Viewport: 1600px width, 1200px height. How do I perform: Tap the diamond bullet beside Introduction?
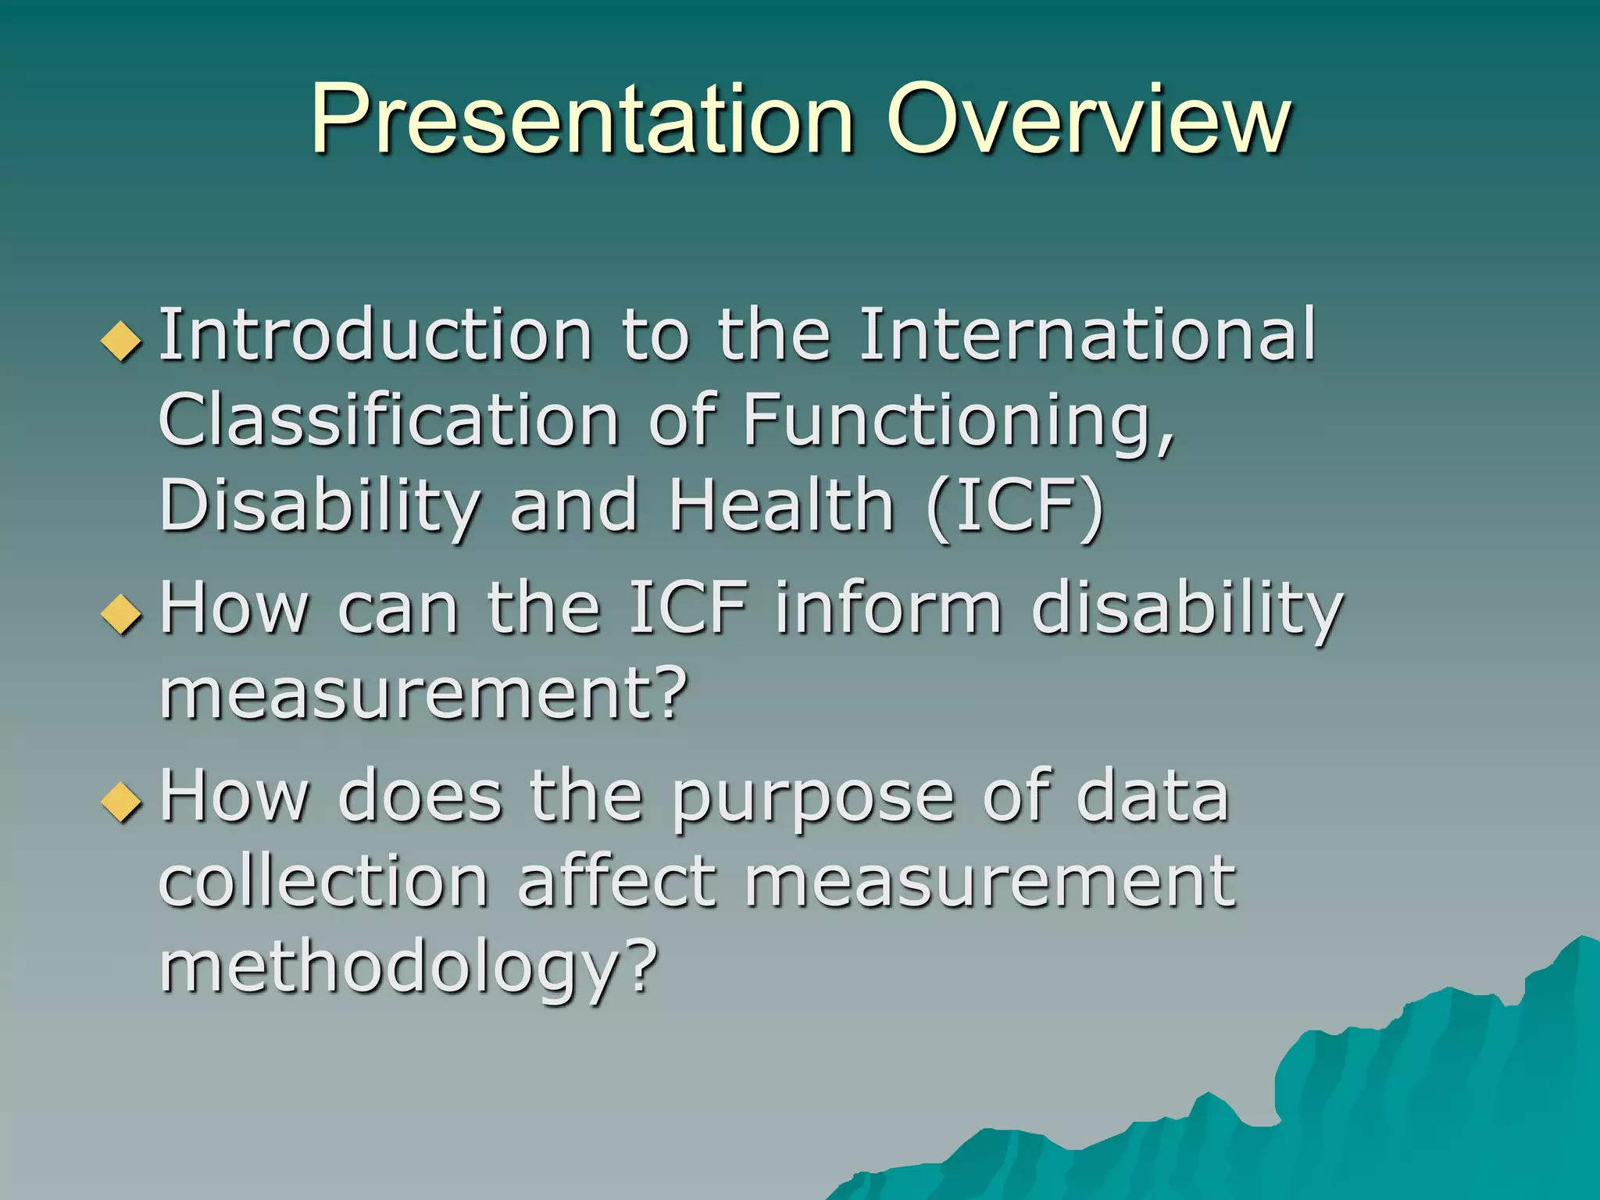(122, 341)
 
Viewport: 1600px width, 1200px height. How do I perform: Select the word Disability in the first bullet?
(320, 505)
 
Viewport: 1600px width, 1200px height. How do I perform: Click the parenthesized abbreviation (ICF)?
(1015, 505)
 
